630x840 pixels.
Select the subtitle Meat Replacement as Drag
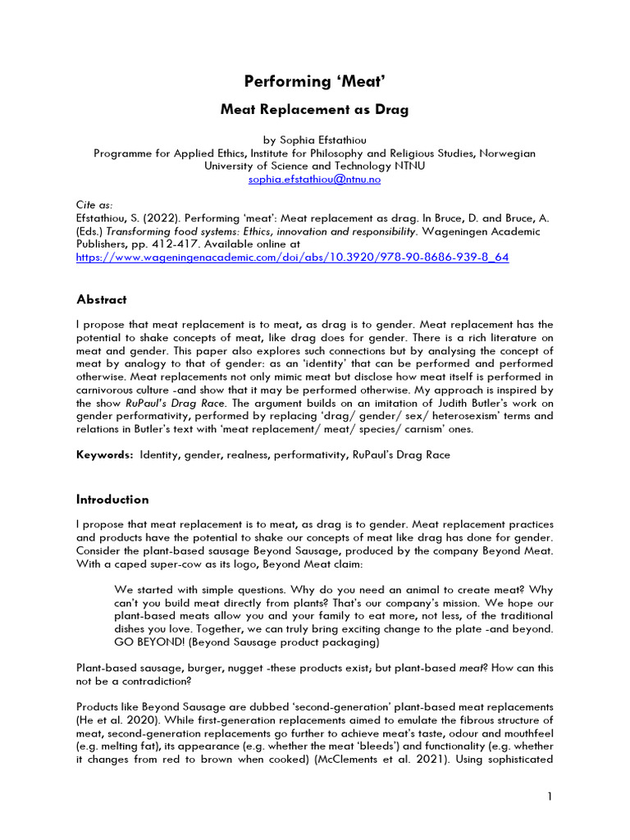[x=314, y=109]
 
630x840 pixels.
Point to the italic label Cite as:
[x=94, y=205]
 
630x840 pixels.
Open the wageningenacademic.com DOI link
[x=292, y=257]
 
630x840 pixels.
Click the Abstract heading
[x=102, y=299]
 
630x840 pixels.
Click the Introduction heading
[x=112, y=500]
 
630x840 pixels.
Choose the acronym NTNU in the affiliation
[x=407, y=166]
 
